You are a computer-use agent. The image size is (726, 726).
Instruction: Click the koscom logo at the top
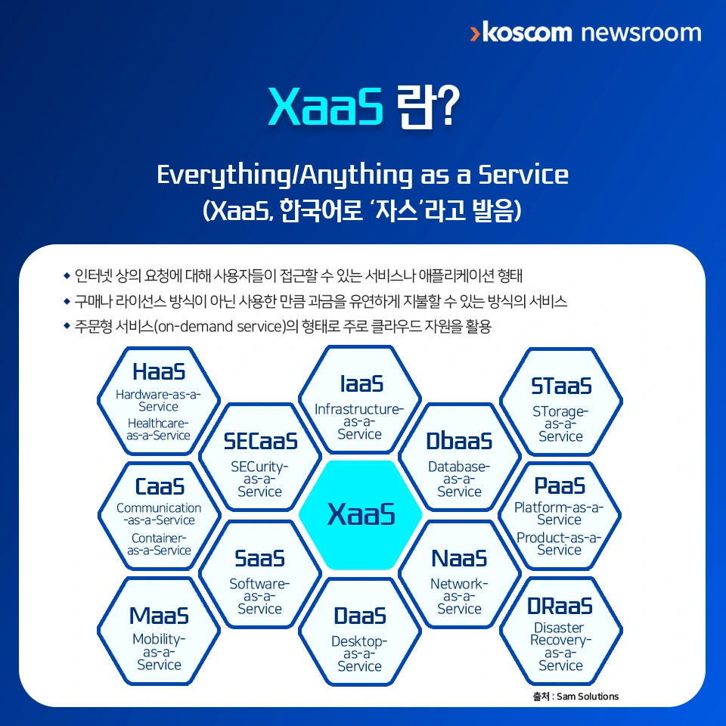pos(521,32)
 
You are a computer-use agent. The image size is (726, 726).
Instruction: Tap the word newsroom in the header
pos(641,33)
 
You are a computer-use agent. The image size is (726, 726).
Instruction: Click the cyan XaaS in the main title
pos(326,106)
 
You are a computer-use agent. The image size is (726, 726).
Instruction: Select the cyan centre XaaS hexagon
pos(361,514)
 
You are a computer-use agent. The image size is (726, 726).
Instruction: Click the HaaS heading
pos(159,371)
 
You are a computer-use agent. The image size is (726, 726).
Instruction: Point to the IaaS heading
pos(361,384)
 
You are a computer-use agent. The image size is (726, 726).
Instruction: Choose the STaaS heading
pos(561,386)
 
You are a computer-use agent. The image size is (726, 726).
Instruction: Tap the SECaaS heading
pos(260,441)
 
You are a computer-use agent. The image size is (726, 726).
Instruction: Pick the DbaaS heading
pos(459,441)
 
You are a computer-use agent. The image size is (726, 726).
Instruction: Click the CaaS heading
pos(160,486)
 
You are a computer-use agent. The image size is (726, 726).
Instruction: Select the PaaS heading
pos(560,486)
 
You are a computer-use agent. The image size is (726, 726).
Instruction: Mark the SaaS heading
pos(259,558)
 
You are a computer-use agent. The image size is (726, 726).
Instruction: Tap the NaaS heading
pos(459,558)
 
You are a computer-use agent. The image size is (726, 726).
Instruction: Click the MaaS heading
pos(159,616)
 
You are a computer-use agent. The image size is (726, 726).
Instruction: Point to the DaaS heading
pos(360,616)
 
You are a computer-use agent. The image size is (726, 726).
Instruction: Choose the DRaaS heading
pos(560,606)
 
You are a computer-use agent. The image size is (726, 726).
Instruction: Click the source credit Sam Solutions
pos(588,697)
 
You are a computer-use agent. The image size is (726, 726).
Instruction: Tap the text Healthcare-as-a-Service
pos(158,430)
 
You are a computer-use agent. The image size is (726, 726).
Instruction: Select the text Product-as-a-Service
pos(559,544)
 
